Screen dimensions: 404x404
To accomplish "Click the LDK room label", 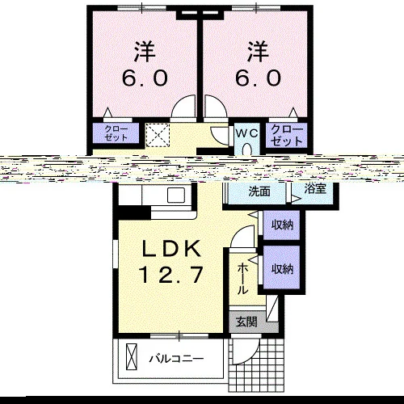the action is [171, 248].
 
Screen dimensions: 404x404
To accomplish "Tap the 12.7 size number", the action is [170, 274].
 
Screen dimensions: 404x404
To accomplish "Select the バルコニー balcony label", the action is [177, 359].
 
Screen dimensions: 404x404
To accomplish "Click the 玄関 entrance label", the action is [246, 322].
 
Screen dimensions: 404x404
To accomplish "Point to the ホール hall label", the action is [242, 279].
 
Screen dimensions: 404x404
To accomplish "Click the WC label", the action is [247, 133].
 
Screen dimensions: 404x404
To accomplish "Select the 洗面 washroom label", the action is [259, 191].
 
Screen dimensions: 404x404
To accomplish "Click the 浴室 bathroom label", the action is [315, 189].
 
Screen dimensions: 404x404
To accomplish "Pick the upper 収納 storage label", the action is [282, 225].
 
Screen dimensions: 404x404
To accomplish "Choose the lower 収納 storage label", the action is [282, 269].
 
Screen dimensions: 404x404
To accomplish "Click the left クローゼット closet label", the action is [116, 133].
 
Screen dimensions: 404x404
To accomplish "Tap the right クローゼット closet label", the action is [287, 135].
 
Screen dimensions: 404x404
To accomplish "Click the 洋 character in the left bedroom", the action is [145, 52].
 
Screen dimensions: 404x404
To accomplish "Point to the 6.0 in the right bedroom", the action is [259, 78].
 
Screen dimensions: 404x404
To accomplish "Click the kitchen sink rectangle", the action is [176, 195].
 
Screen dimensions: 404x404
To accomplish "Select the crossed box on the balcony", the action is [132, 357].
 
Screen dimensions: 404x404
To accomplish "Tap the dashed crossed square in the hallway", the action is [158, 135].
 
